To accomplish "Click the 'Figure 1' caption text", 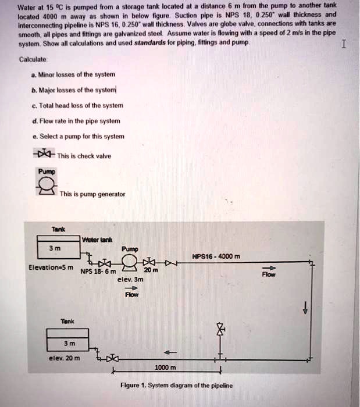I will (x=176, y=385).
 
